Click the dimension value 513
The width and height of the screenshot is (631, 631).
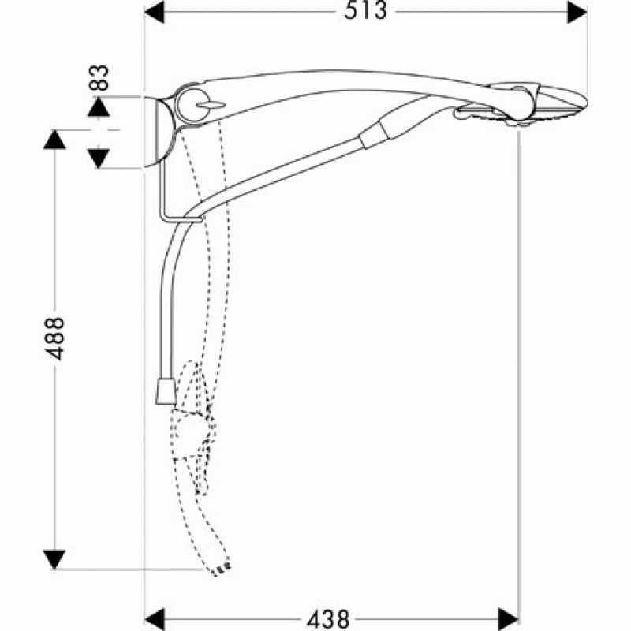365,11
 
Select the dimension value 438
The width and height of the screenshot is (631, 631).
328,619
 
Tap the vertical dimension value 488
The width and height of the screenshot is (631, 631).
54,338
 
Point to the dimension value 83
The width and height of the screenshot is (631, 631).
99,77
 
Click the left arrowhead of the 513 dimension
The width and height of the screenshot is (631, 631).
154,12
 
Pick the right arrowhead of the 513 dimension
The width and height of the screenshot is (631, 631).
577,12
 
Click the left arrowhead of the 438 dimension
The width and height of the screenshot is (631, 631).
155,619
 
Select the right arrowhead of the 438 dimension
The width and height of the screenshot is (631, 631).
509,619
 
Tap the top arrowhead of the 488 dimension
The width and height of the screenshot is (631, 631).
54,140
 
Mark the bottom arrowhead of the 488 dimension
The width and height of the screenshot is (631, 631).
54,559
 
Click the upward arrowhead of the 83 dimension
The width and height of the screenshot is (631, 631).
99,107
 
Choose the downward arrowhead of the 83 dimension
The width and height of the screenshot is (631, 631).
99,159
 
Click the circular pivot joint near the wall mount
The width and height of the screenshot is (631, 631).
192,106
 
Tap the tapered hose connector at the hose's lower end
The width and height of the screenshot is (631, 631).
166,390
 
